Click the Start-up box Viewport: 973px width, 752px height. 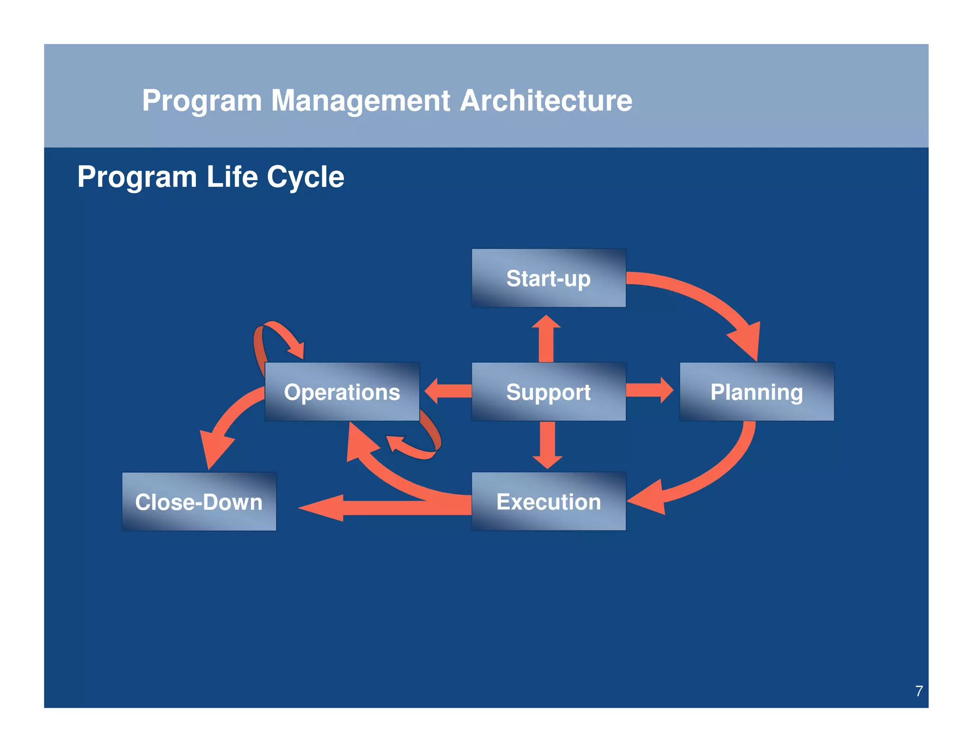click(548, 278)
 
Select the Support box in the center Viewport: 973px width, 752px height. click(548, 392)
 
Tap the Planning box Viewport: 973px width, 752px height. click(756, 392)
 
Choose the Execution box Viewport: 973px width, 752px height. click(548, 501)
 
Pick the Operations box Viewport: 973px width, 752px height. click(342, 392)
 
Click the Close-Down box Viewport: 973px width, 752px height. click(199, 501)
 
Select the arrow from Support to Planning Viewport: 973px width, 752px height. click(649, 390)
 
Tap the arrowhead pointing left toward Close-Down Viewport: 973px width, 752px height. click(323, 508)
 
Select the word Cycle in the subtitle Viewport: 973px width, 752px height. click(305, 177)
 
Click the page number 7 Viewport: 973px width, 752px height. click(919, 691)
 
